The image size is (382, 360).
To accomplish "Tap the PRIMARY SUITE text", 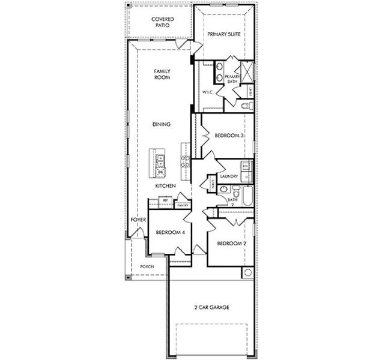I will pyautogui.click(x=224, y=35).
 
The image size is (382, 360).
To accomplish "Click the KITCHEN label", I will pyautogui.click(x=165, y=186).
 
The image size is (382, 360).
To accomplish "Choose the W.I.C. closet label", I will pyautogui.click(x=208, y=92).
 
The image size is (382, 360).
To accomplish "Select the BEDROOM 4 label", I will pyautogui.click(x=169, y=232).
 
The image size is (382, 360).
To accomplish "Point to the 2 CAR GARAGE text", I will pyautogui.click(x=211, y=307).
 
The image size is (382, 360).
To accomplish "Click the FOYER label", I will pyautogui.click(x=138, y=220).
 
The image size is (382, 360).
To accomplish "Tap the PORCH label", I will pyautogui.click(x=147, y=266).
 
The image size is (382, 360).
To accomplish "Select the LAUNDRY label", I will pyautogui.click(x=229, y=176).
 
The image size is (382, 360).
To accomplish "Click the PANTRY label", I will pyautogui.click(x=183, y=205).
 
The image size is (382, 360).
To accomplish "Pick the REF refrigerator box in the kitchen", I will pyautogui.click(x=157, y=200).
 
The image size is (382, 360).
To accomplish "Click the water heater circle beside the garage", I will pyautogui.click(x=247, y=273).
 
